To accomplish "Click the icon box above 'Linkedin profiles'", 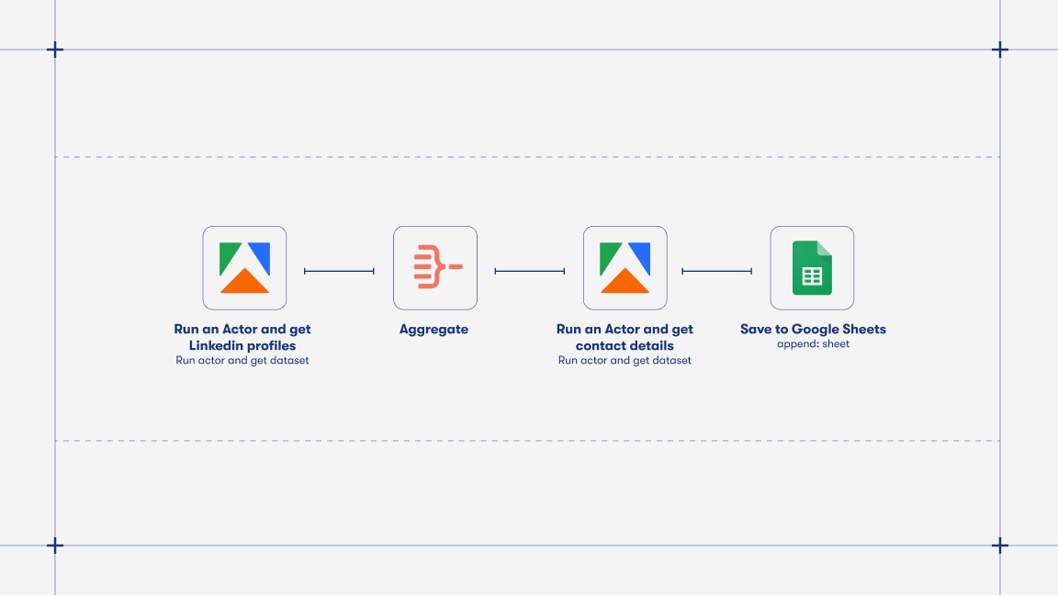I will [x=244, y=267].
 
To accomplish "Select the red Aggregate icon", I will [x=436, y=267].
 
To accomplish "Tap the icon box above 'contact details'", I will [x=625, y=267].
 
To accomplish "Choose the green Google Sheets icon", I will [x=812, y=267].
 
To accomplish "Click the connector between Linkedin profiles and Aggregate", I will [x=339, y=271].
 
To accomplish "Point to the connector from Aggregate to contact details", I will [x=529, y=271].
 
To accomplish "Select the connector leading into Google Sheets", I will [x=716, y=271].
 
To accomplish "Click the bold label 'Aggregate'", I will [x=433, y=329].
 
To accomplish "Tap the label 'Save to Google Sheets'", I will [x=813, y=329].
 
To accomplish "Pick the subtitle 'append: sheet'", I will [x=813, y=344].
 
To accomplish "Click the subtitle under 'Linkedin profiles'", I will [x=242, y=361].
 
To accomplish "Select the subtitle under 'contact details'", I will [x=625, y=361].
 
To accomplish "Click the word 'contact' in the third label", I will [x=598, y=345].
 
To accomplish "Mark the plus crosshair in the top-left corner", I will [x=55, y=50].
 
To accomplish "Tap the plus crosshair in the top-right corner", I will [x=1000, y=50].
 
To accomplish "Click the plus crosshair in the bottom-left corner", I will [x=55, y=545].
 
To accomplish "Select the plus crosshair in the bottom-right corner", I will [x=1000, y=545].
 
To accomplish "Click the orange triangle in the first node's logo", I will [x=244, y=282].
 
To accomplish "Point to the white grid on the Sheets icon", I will [x=812, y=276].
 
